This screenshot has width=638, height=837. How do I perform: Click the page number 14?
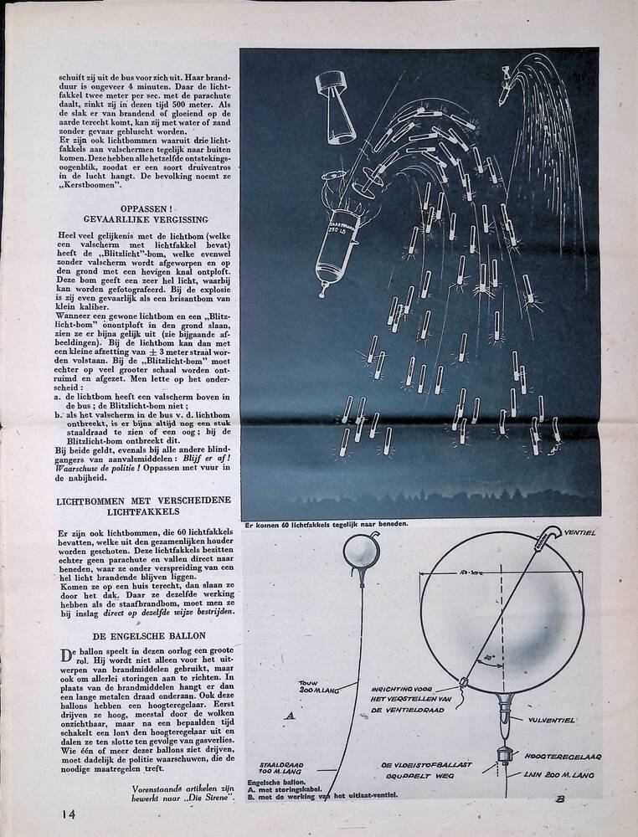(69, 812)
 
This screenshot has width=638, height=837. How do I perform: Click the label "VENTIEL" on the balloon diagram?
(580, 532)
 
